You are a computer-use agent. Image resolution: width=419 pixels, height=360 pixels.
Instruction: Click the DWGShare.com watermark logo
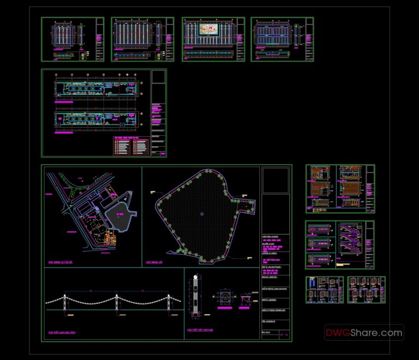(364, 332)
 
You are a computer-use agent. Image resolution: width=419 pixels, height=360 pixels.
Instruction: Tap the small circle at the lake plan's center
(201, 213)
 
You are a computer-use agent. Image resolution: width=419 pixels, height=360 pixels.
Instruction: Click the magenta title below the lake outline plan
(156, 262)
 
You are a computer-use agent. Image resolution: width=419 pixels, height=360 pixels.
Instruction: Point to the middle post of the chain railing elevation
(117, 305)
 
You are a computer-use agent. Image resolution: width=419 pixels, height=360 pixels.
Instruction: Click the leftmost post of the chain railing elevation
(65, 305)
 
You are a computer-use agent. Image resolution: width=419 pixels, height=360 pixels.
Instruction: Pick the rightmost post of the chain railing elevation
(169, 305)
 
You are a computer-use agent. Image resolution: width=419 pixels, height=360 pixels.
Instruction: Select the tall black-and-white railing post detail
(195, 297)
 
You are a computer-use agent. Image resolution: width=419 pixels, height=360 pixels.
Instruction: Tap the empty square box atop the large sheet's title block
(276, 181)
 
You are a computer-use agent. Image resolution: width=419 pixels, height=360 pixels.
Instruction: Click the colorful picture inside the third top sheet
(206, 29)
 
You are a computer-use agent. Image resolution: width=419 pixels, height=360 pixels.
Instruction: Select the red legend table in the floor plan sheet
(131, 146)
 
